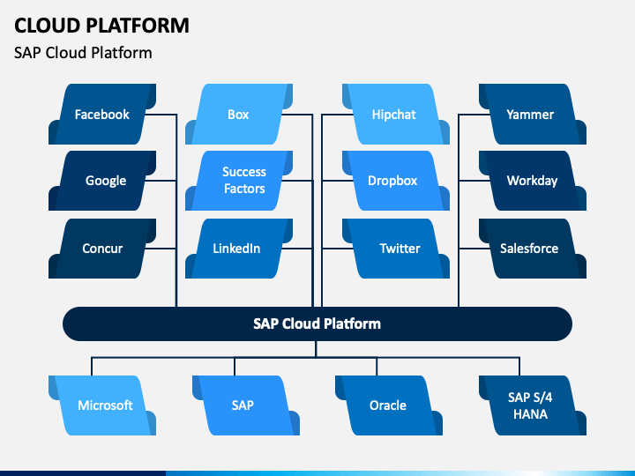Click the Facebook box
(102, 114)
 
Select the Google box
(102, 181)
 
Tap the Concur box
(102, 248)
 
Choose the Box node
(239, 114)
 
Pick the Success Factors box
(239, 181)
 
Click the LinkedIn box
(239, 248)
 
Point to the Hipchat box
(396, 114)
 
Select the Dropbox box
(396, 181)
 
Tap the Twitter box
(396, 248)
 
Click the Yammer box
(533, 114)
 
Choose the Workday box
(533, 181)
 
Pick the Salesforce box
(533, 248)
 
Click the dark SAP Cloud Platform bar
(317, 324)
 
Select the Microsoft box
(102, 405)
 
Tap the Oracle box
(389, 405)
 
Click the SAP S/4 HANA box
(533, 405)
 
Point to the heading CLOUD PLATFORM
(101, 26)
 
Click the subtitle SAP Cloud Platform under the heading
(83, 53)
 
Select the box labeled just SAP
(246, 405)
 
